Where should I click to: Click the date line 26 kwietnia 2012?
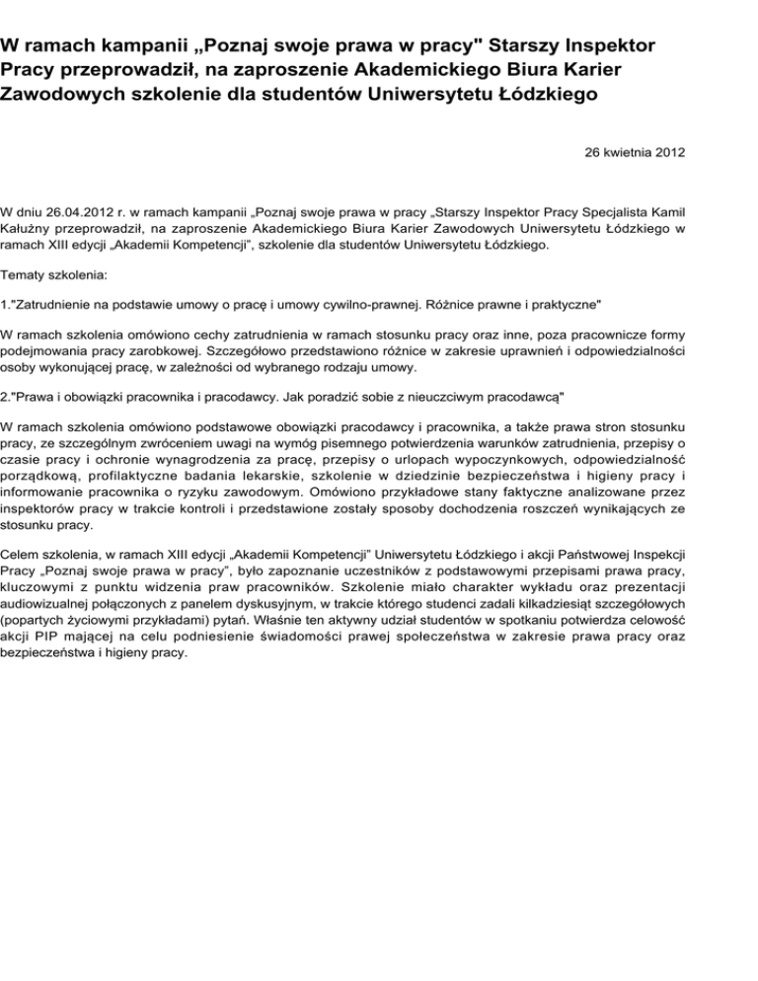pos(630,153)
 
